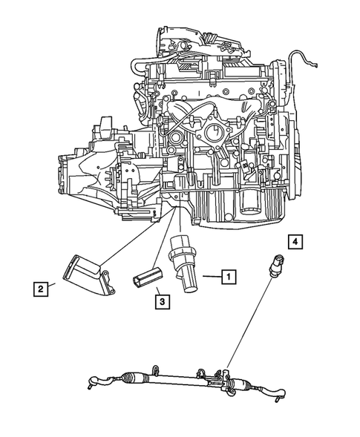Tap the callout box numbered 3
[x=161, y=301]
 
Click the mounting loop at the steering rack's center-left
[x=157, y=369]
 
